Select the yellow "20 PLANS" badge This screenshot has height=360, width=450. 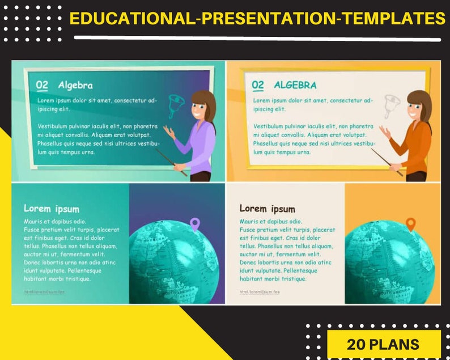pos(384,344)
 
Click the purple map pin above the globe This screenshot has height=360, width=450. pos(195,224)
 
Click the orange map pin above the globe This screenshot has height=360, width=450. pos(411,224)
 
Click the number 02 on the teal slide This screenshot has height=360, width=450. pos(42,85)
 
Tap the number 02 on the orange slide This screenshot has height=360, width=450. pos(258,85)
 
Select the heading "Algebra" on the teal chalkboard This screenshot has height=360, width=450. pos(75,86)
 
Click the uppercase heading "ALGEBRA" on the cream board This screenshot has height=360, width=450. pos(295,86)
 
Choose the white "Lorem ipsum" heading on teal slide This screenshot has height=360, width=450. pos(52,209)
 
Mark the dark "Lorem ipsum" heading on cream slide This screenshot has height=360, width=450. pos(268,209)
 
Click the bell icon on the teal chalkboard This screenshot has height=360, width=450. pos(177,105)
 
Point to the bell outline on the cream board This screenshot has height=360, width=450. pos(393,105)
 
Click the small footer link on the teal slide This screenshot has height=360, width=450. pos(44,292)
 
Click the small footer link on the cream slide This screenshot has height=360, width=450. pos(260,292)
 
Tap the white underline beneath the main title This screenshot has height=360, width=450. pos(257,39)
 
